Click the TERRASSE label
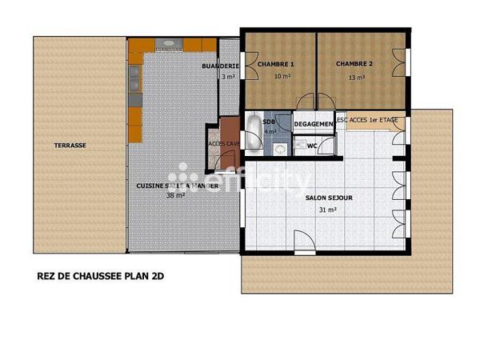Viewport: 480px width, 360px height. pyautogui.click(x=70, y=146)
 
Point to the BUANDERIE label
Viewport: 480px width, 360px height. pyautogui.click(x=222, y=66)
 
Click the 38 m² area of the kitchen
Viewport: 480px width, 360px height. pyautogui.click(x=175, y=195)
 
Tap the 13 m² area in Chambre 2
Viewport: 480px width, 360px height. pyautogui.click(x=357, y=78)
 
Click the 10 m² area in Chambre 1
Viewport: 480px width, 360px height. pyautogui.click(x=282, y=77)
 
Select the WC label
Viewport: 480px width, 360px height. pyautogui.click(x=313, y=146)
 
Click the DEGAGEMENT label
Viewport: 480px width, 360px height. pyautogui.click(x=314, y=125)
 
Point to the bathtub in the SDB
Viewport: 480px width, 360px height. pyautogui.click(x=253, y=133)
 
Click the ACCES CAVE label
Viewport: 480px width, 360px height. pyautogui.click(x=224, y=144)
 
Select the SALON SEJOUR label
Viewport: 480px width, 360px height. pyautogui.click(x=329, y=196)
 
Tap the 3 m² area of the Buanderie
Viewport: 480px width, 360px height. pyautogui.click(x=228, y=77)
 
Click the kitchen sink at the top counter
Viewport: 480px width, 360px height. pyautogui.click(x=168, y=43)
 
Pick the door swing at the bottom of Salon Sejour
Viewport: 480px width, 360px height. pyautogui.click(x=302, y=242)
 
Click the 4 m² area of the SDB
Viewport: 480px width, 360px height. pyautogui.click(x=270, y=132)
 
